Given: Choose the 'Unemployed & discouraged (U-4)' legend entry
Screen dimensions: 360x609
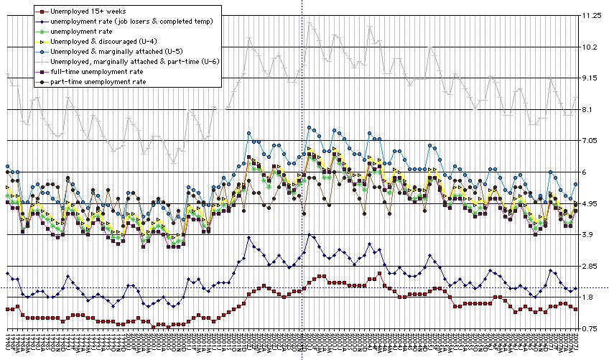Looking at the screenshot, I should (94, 42).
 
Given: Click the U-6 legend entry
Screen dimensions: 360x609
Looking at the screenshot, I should (129, 63).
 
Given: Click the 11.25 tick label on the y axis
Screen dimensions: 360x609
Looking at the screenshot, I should (591, 16).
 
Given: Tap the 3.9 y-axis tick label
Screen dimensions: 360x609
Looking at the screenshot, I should (587, 236).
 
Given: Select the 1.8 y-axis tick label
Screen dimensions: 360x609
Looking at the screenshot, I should (587, 297).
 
